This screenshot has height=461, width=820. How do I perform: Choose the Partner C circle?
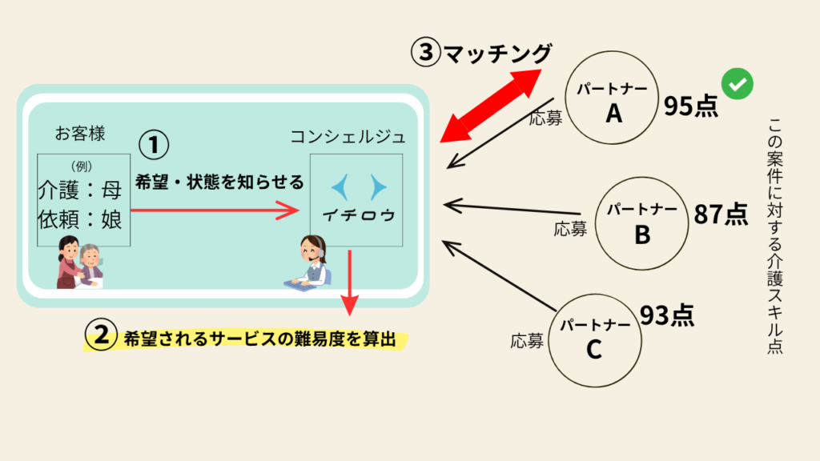pos(593,337)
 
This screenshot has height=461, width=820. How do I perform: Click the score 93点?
pos(666,315)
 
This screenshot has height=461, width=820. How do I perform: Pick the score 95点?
pos(690,106)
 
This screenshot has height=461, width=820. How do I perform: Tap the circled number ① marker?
pos(155,146)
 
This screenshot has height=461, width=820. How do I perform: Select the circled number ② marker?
pos(102,338)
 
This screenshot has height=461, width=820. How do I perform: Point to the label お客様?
pos(80,131)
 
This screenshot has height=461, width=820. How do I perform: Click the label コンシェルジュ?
pos(348,137)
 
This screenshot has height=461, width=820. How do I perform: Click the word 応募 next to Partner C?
pos(527,341)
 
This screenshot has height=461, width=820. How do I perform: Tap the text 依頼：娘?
pos(80,218)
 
